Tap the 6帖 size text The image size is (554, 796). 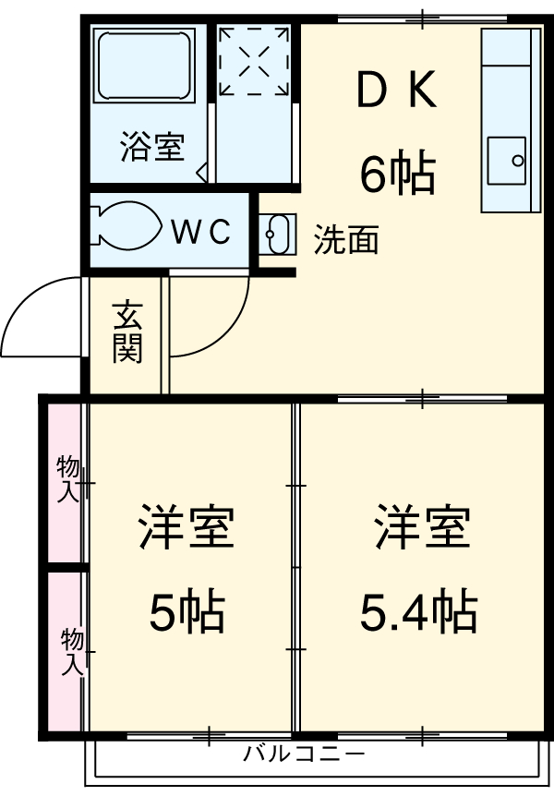pyautogui.click(x=397, y=173)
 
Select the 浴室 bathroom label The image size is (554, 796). pyautogui.click(x=151, y=147)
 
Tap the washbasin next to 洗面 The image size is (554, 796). pyautogui.click(x=277, y=234)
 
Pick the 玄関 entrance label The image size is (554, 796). pyautogui.click(x=127, y=333)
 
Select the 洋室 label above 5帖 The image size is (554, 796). pyautogui.click(x=187, y=528)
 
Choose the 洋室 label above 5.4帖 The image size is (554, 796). pyautogui.click(x=422, y=528)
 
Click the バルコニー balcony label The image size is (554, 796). pyautogui.click(x=304, y=754)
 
